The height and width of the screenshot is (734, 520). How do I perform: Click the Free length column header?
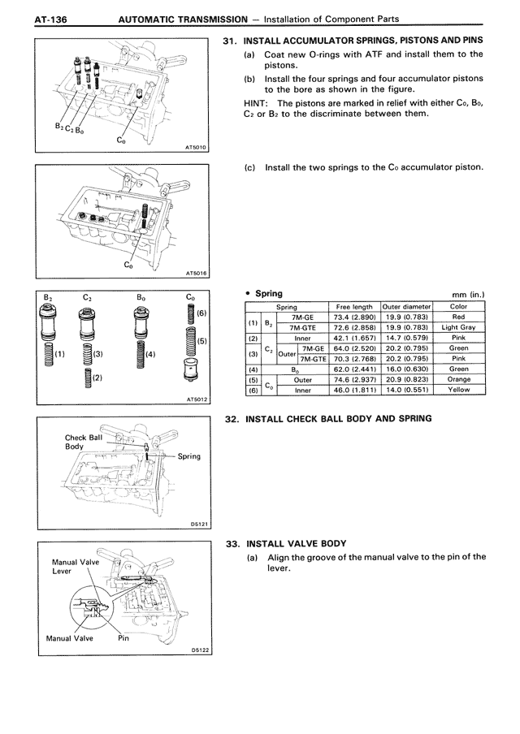tap(353, 307)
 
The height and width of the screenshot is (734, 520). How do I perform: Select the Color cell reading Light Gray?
tap(458, 327)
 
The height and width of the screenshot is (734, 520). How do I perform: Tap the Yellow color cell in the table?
tap(458, 390)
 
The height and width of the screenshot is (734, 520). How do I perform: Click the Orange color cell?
tap(458, 379)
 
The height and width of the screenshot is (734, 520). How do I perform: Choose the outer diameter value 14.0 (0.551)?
tap(406, 390)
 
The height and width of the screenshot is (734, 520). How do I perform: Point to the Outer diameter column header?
tap(406, 307)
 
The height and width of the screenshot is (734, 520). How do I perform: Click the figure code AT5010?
tap(197, 148)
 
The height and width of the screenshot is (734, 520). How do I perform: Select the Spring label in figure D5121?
tap(189, 456)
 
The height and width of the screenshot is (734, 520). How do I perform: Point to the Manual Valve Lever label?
tap(74, 566)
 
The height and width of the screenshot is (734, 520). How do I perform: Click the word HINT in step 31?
tap(258, 103)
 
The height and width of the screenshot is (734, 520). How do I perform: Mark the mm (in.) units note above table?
tap(467, 294)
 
